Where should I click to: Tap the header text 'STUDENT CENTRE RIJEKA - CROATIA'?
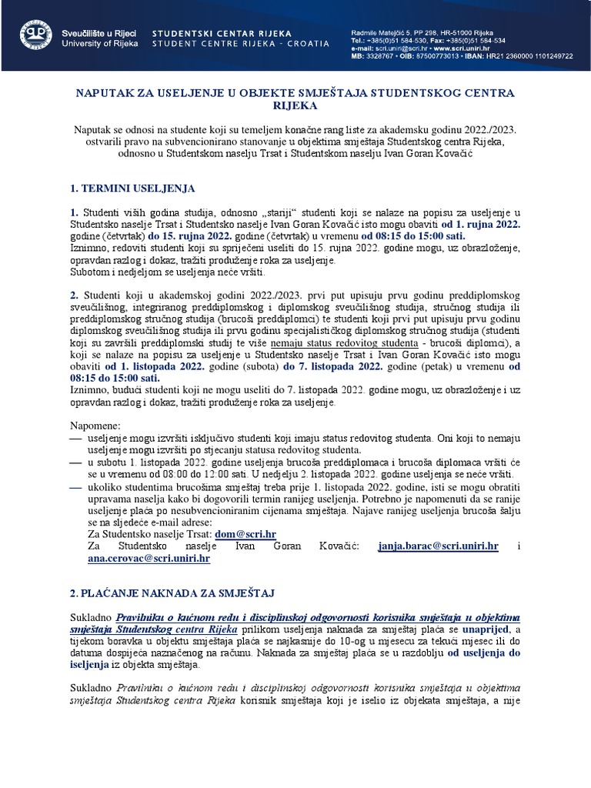point(240,44)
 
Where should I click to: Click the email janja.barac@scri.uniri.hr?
point(439,546)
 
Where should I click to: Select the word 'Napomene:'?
point(95,425)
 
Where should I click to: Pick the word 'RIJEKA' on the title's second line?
point(295,106)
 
